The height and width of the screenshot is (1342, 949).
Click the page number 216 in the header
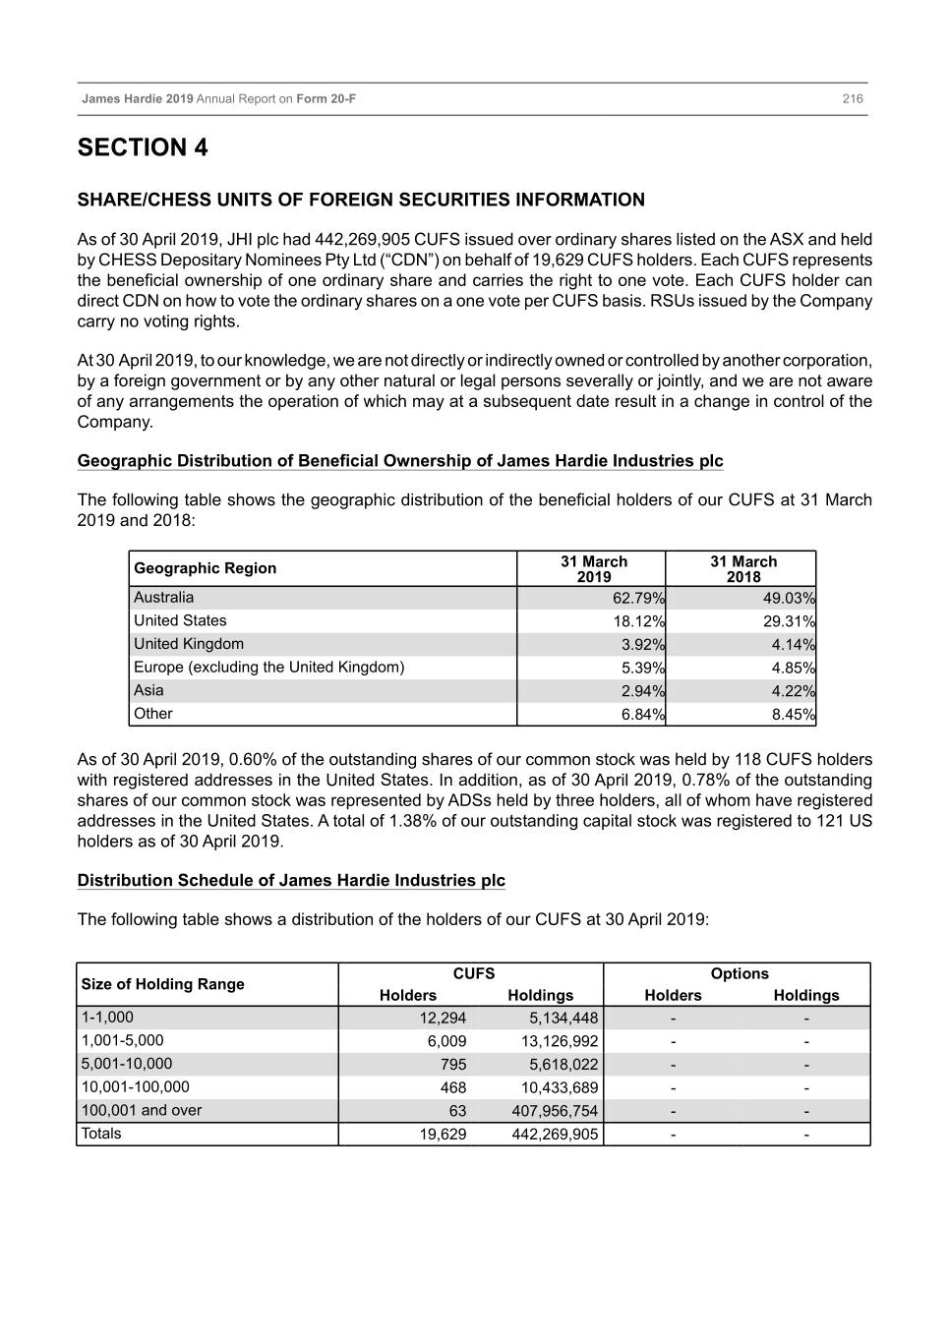pyautogui.click(x=852, y=99)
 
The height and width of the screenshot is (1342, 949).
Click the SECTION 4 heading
pyautogui.click(x=143, y=148)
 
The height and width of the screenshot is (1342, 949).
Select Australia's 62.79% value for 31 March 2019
pyautogui.click(x=638, y=599)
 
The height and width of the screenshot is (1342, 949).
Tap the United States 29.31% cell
pyautogui.click(x=789, y=622)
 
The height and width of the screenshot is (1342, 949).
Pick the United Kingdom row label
pyautogui.click(x=189, y=644)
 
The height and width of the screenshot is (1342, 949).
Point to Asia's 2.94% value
pyautogui.click(x=643, y=691)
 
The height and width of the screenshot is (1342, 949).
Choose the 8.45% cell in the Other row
pyautogui.click(x=793, y=715)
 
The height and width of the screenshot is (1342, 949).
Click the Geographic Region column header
pyautogui.click(x=205, y=568)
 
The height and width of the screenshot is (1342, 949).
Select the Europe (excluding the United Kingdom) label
pyautogui.click(x=268, y=668)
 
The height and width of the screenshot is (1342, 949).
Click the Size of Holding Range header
pyautogui.click(x=162, y=984)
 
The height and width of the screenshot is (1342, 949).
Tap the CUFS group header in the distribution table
pyautogui.click(x=473, y=973)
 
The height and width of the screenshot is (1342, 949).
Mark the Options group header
pyautogui.click(x=739, y=973)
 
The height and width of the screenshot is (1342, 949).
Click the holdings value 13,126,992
pyautogui.click(x=559, y=1041)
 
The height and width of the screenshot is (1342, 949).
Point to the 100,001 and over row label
pyautogui.click(x=141, y=1111)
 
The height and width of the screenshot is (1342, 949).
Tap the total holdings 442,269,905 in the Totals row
pyautogui.click(x=555, y=1135)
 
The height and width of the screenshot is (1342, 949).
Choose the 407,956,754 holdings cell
pyautogui.click(x=555, y=1111)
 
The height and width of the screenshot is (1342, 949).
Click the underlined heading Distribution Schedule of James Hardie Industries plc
pyautogui.click(x=291, y=881)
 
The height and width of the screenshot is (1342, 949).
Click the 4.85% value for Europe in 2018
pyautogui.click(x=793, y=669)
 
